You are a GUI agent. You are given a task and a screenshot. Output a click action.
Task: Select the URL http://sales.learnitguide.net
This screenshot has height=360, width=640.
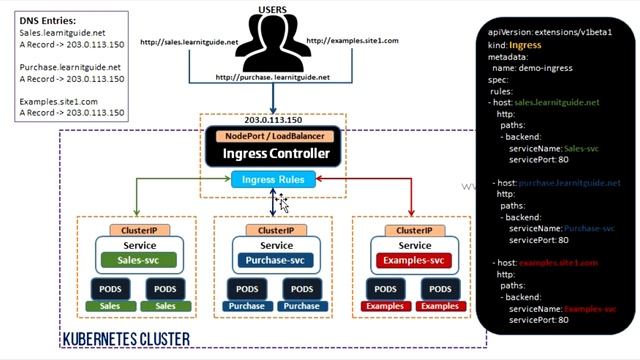189,42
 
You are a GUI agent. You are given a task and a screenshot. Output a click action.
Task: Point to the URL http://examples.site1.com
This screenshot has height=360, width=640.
352,41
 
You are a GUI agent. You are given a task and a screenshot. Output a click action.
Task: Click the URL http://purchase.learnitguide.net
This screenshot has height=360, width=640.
272,77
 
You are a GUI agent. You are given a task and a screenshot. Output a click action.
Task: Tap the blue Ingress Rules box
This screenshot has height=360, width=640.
273,180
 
